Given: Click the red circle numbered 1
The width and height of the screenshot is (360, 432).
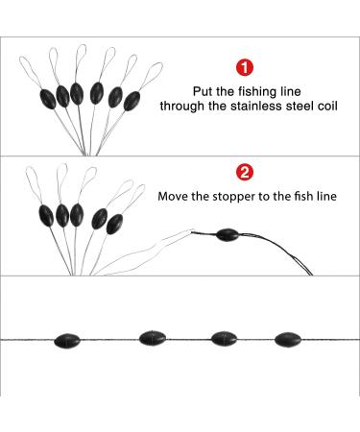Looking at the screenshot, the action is (245, 68).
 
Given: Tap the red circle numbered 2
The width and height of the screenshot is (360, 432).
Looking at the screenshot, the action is (245, 173).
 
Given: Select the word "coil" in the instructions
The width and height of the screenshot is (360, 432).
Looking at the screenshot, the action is (327, 106).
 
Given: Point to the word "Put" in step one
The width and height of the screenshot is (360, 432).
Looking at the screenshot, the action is (203, 91).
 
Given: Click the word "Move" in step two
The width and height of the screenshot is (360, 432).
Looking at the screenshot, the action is (173, 196).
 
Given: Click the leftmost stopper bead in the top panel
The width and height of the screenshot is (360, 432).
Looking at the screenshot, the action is (48, 99).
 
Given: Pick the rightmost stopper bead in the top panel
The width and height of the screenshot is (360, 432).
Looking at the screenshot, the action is (132, 101).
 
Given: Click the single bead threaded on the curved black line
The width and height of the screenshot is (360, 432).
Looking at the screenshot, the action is (228, 235).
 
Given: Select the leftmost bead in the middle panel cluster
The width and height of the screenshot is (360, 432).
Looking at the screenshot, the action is (46, 216).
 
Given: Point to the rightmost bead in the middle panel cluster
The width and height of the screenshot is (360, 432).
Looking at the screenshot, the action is (114, 224).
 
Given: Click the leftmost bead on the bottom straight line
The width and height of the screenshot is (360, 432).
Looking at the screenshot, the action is (67, 341).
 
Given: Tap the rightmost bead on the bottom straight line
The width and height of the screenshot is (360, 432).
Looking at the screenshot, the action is (288, 340).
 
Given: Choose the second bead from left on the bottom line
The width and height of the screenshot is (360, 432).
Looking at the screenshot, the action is (153, 338).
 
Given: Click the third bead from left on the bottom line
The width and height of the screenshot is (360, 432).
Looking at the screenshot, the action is (224, 339).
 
